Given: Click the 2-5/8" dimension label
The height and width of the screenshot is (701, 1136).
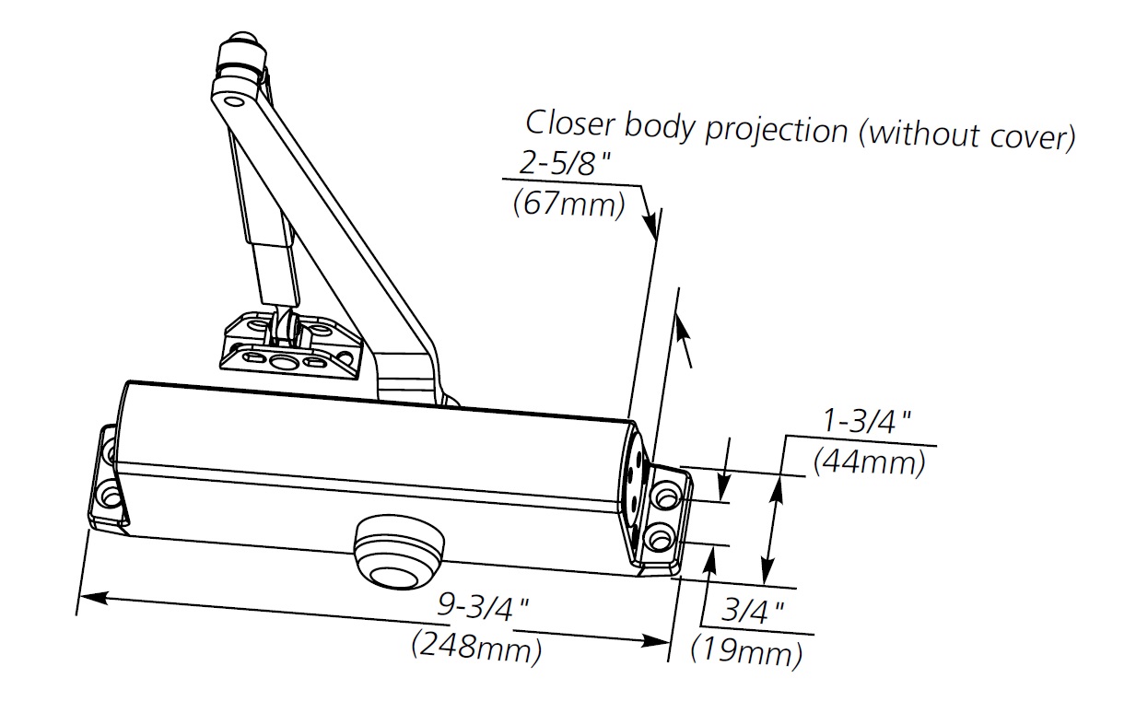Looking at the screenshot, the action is pos(565,164).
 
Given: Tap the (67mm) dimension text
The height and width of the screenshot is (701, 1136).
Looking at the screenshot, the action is pos(568,204).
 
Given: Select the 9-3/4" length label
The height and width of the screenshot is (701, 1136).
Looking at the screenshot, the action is pos(483,606).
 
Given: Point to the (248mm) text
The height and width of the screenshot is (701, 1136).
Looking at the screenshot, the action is pos(476,648).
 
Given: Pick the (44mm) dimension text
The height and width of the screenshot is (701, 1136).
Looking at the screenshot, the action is pos(869,462).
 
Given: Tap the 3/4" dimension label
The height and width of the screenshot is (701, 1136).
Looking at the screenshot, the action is pos(752,611).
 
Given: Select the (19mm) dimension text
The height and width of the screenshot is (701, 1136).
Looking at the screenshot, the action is pos(746,652).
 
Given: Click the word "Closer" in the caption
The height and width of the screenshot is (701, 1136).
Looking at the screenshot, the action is pos(570,123).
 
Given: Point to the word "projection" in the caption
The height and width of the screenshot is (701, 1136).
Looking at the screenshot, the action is pos(777,131).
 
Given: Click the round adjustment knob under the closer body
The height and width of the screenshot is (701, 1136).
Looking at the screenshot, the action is pos(398,552).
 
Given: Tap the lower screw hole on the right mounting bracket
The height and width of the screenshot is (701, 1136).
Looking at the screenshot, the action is pos(660,538).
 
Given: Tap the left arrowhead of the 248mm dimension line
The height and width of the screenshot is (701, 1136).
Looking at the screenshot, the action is pos(93,599).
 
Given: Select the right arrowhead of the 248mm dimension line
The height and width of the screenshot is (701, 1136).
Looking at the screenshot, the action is pos(656,641).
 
